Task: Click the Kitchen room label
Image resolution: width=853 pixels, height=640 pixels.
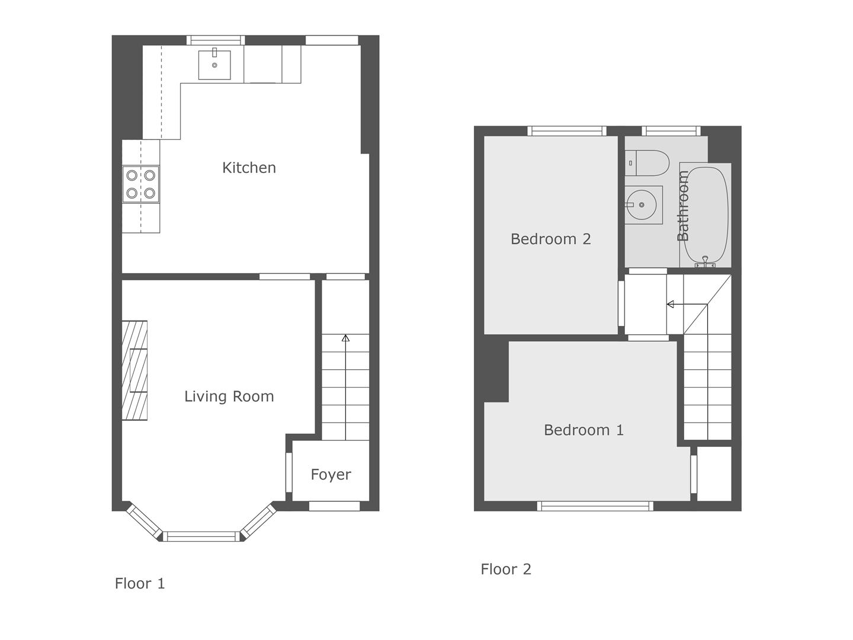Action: click(249, 168)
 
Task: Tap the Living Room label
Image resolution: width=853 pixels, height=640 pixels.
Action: click(229, 396)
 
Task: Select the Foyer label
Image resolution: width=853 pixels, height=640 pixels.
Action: click(331, 475)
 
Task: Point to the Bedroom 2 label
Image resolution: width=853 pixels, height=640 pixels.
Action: click(551, 239)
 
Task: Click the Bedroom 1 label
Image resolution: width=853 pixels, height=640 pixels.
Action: click(583, 430)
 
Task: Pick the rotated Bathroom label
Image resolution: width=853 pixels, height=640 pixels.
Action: click(683, 206)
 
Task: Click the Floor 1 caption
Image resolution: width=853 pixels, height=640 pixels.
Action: click(140, 583)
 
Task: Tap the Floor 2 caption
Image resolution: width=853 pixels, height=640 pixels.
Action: click(506, 569)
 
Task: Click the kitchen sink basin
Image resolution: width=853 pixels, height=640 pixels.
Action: click(214, 65)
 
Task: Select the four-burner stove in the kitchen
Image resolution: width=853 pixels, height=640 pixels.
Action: click(140, 184)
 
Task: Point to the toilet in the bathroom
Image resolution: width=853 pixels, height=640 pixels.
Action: click(647, 163)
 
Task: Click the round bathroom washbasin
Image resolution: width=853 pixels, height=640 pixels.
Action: click(642, 205)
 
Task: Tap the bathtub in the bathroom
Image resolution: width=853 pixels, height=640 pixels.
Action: click(706, 216)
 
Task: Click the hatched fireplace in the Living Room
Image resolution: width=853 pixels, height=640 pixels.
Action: click(134, 370)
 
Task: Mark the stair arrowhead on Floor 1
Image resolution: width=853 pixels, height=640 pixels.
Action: click(345, 338)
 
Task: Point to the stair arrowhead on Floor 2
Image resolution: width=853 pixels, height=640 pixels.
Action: click(671, 304)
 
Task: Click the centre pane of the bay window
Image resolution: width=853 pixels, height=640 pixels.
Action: click(201, 537)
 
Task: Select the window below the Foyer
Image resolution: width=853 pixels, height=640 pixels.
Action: click(335, 506)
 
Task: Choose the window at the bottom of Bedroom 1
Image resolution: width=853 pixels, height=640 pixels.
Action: click(595, 506)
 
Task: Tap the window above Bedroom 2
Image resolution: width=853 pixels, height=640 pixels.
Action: click(567, 131)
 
